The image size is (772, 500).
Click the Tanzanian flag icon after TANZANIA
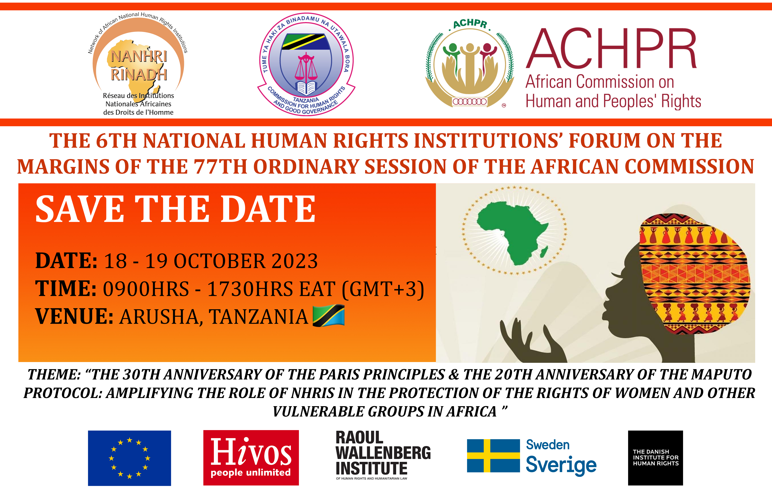tap(328, 315)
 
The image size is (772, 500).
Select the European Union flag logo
tap(129, 458)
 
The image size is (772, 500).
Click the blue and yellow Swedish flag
tap(493, 456)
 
